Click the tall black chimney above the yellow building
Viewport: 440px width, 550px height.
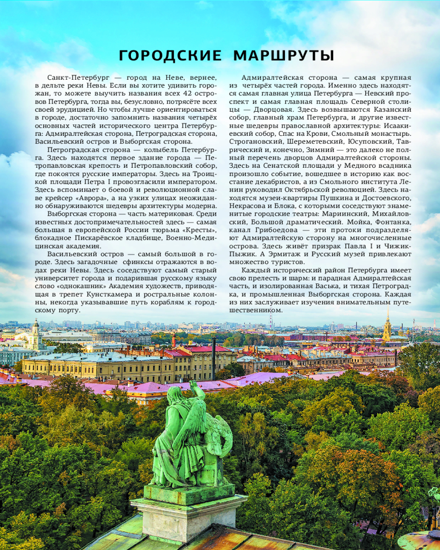click(213, 358)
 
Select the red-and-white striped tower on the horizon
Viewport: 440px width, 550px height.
click(270, 322)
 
